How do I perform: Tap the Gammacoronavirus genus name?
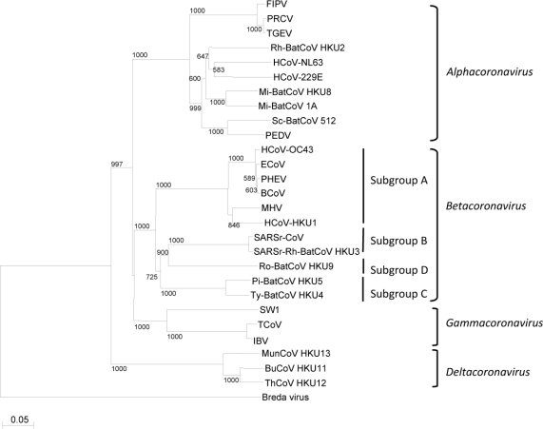(498, 322)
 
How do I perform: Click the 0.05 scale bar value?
(23, 416)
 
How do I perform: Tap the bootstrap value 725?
(150, 276)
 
